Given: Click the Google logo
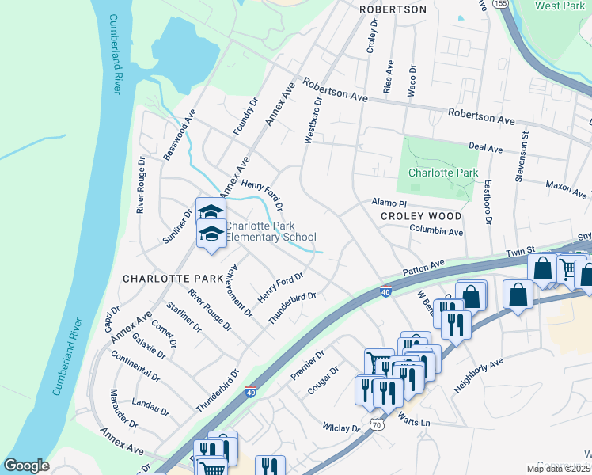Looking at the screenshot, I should (x=27, y=465).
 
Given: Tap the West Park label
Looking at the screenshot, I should (x=560, y=6).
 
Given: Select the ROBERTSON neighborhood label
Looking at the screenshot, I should (x=393, y=9).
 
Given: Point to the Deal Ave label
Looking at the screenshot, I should (x=486, y=148).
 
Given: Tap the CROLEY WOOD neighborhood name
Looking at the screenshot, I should (x=420, y=215).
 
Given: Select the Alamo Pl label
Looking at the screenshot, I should (x=389, y=203).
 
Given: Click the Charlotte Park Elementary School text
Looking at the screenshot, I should (x=271, y=231).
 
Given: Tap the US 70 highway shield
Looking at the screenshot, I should (x=376, y=426).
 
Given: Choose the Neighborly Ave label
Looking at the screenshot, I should (x=479, y=376).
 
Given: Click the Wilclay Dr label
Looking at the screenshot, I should (x=342, y=427).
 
